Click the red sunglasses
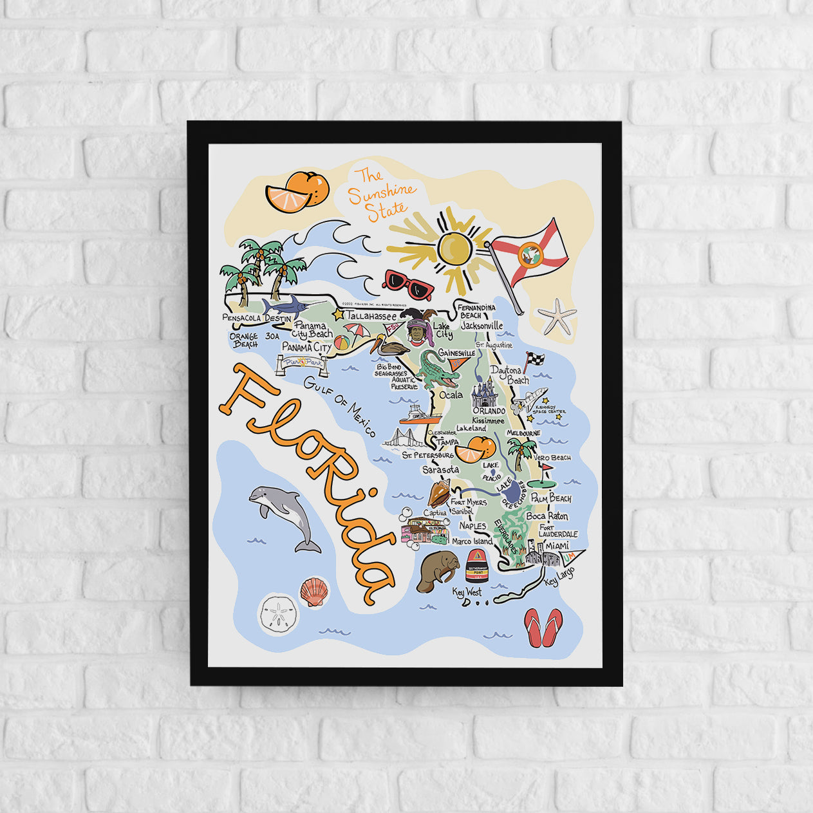pyautogui.click(x=407, y=285)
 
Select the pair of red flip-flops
pyautogui.click(x=543, y=627)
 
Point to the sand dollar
pyautogui.click(x=278, y=615)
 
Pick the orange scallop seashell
pyautogui.click(x=313, y=591)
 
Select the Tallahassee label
pyautogui.click(x=371, y=316)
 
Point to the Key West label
pyautogui.click(x=467, y=591)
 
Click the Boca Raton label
pyautogui.click(x=547, y=516)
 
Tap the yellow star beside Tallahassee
pyautogui.click(x=338, y=314)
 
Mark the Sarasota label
pyautogui.click(x=440, y=470)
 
